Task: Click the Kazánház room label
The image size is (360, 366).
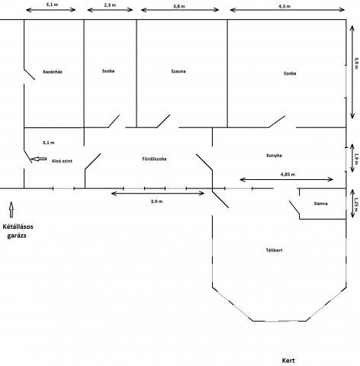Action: coord(53,72)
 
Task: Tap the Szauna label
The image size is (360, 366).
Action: coord(178,71)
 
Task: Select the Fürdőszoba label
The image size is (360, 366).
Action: coord(154,159)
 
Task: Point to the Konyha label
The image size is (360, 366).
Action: coord(274,156)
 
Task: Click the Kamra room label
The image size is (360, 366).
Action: coord(320,204)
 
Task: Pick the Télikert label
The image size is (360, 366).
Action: coord(274,250)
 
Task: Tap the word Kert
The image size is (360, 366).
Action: coord(288,361)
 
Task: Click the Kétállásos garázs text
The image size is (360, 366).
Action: coord(18,231)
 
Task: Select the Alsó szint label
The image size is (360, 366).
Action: coord(62,161)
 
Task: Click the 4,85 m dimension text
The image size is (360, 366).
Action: coord(288,175)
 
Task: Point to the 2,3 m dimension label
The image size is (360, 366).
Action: coord(110,5)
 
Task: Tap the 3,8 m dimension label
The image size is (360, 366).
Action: coord(179,6)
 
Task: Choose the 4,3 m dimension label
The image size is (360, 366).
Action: coord(284,6)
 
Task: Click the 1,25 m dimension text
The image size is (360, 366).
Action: coord(356,204)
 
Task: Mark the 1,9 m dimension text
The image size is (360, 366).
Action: coord(356,159)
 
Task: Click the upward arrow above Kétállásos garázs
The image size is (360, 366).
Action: coord(11,210)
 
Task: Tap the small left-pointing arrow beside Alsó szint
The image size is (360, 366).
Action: coord(39,159)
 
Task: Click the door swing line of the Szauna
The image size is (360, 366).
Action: coord(163,121)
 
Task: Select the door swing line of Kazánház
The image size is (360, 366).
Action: coord(29,74)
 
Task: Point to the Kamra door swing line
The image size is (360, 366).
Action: coord(294,207)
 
